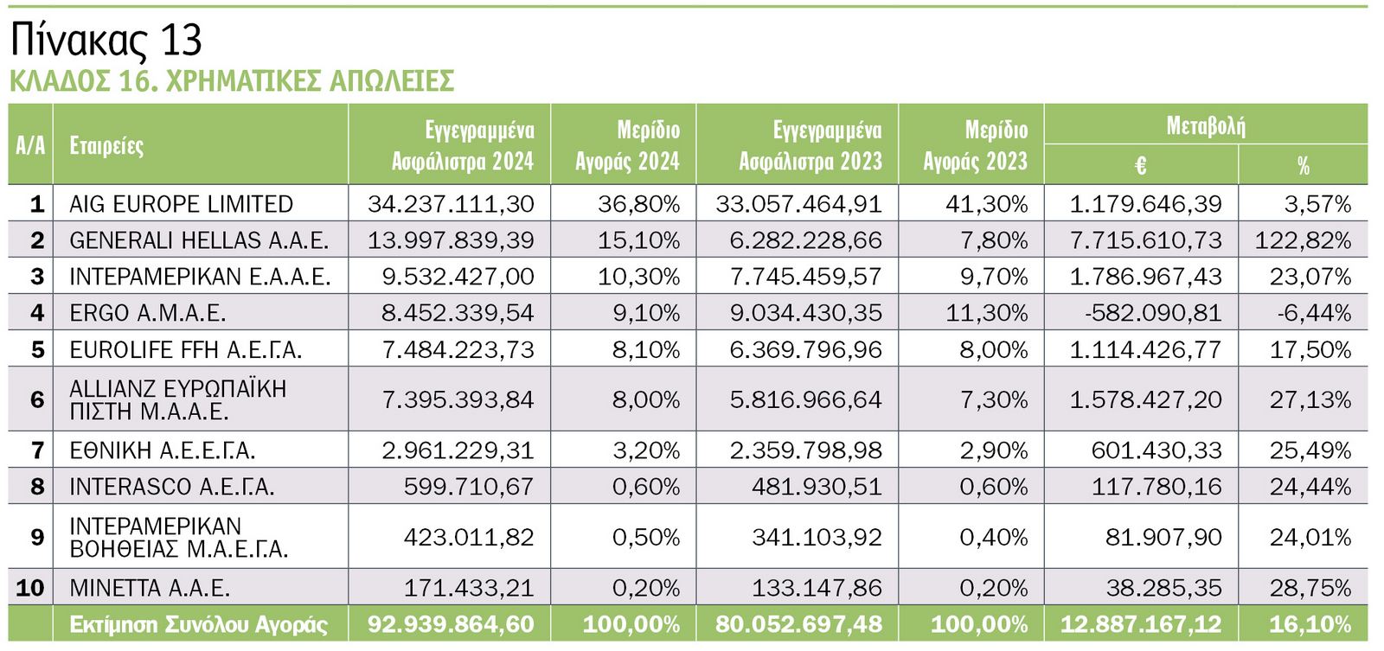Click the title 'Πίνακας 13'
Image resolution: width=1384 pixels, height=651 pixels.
point(106,40)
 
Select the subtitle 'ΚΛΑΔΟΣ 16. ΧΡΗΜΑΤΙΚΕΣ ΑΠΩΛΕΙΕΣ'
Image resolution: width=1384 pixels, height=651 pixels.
point(232,81)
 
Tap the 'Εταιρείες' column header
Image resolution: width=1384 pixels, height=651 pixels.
point(106,145)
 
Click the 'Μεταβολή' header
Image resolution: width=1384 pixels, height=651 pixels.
point(1205,126)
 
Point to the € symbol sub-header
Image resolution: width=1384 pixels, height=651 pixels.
point(1140,165)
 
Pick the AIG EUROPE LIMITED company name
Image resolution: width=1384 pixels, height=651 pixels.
point(181,204)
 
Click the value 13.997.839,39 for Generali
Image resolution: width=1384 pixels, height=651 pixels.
point(451,240)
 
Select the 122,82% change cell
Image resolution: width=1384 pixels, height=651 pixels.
point(1303,240)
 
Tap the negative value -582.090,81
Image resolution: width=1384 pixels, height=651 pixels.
point(1153,313)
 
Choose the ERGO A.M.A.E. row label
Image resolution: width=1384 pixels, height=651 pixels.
point(147,313)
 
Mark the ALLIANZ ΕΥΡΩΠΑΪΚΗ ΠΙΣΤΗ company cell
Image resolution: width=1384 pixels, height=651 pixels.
point(177,399)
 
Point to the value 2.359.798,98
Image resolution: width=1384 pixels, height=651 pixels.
point(805,450)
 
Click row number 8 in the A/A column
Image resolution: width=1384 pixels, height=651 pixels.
point(36,487)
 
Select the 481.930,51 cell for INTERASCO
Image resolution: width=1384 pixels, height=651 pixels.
point(817,487)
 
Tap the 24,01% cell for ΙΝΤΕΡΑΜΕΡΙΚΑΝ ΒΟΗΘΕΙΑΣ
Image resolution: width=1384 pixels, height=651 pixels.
point(1310,538)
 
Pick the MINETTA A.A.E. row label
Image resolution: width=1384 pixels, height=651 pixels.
point(150,589)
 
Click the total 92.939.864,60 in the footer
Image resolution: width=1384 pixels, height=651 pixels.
point(451,624)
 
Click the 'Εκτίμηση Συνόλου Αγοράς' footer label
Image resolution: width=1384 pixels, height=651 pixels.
point(198,624)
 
